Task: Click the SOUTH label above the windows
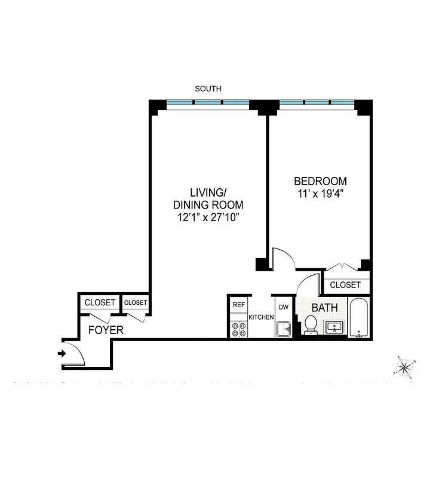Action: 208,88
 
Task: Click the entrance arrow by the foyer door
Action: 62,354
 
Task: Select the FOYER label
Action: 106,330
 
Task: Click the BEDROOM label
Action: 320,181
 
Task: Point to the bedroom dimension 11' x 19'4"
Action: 320,193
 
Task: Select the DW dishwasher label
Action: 284,307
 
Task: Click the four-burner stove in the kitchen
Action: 239,329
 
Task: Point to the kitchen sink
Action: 283,329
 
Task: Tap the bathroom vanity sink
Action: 333,327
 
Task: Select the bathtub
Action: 359,317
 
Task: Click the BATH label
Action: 325,308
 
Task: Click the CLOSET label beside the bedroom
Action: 345,285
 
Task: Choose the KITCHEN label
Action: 261,317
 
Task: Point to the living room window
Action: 208,103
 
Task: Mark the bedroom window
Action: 317,103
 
